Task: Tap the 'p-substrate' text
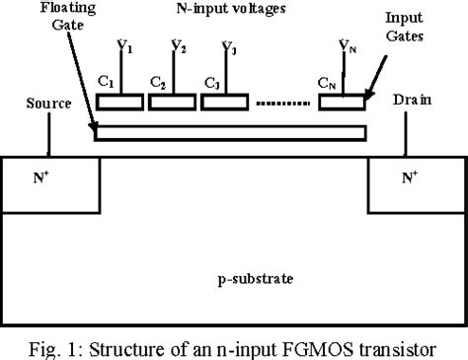pos(230,279)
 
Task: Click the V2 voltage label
pos(177,46)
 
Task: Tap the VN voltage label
pos(346,46)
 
